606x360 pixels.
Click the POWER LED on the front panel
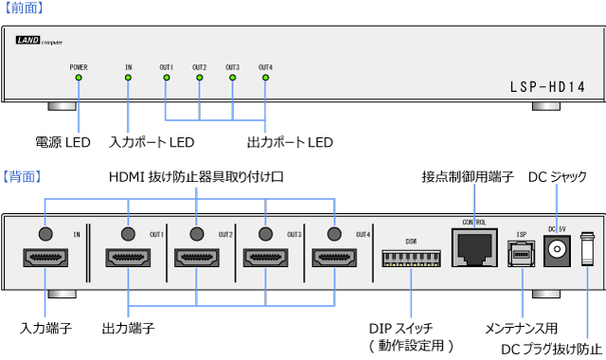(78, 77)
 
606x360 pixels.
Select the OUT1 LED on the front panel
(166, 77)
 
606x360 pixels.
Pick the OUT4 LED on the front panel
(265, 77)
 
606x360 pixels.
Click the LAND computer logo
(40, 42)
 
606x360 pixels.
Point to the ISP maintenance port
(522, 253)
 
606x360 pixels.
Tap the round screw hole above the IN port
(45, 232)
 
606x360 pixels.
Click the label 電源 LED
(63, 142)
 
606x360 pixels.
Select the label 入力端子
(44, 328)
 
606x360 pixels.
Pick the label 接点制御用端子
(467, 177)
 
